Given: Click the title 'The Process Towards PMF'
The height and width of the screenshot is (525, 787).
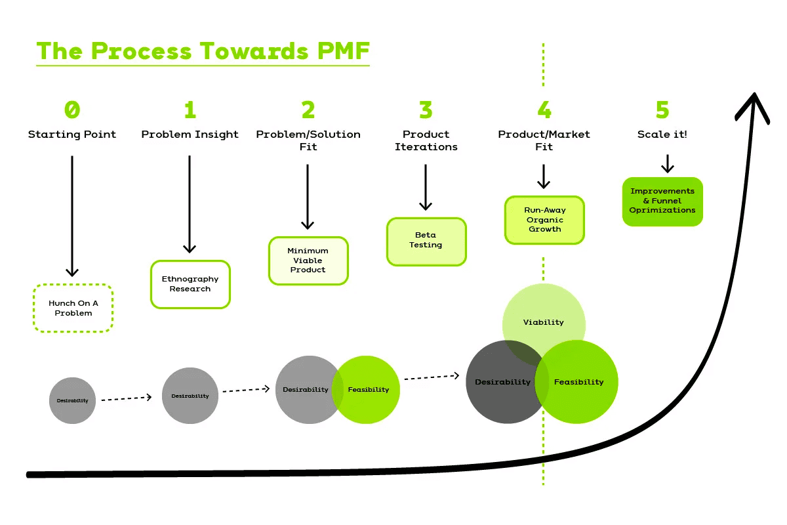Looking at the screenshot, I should pyautogui.click(x=203, y=51).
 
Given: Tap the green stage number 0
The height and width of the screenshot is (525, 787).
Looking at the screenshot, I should pyautogui.click(x=72, y=110).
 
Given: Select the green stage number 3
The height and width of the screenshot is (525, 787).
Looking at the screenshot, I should pyautogui.click(x=426, y=110).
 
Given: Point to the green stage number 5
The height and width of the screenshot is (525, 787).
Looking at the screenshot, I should pyautogui.click(x=662, y=110).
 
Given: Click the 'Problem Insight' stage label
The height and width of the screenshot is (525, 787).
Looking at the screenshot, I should pyautogui.click(x=190, y=135).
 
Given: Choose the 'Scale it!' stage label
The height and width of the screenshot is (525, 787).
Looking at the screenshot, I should pyautogui.click(x=662, y=135).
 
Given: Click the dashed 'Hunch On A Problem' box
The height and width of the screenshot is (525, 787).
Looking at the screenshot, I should pyautogui.click(x=73, y=308).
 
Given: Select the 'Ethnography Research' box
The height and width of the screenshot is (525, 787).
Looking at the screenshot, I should pyautogui.click(x=190, y=284).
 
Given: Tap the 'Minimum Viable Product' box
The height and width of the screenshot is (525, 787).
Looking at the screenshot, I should pyautogui.click(x=308, y=261).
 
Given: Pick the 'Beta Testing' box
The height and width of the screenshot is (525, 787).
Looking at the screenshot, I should pyautogui.click(x=426, y=240).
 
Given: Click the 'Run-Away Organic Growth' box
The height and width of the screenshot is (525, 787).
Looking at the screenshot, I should pyautogui.click(x=544, y=220).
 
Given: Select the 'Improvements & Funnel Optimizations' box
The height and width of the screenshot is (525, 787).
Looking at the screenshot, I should pyautogui.click(x=662, y=201).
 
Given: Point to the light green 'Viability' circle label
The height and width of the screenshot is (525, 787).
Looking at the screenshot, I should pyautogui.click(x=544, y=322).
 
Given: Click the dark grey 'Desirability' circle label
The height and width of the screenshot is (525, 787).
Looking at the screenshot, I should pyautogui.click(x=502, y=382).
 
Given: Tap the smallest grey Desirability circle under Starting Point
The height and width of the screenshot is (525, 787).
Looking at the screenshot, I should pyautogui.click(x=72, y=400).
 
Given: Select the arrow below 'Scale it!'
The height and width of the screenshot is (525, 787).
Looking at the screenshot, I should pyautogui.click(x=667, y=163).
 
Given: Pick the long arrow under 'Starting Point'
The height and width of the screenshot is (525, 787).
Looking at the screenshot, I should pyautogui.click(x=72, y=217).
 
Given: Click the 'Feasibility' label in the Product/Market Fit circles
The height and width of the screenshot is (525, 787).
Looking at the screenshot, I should pyautogui.click(x=578, y=382).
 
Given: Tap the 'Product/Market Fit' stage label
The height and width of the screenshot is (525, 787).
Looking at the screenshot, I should pyautogui.click(x=544, y=140).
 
